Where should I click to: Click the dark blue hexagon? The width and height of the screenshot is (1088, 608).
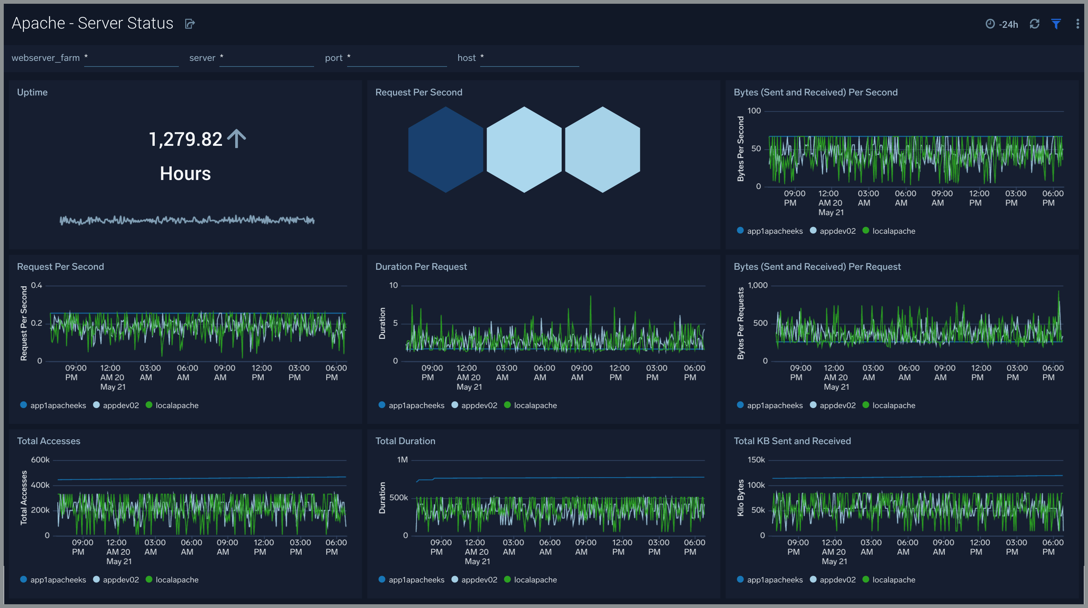[x=445, y=149]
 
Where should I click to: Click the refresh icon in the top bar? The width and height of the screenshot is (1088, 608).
[x=1034, y=24]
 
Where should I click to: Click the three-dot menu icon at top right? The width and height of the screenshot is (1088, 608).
[x=1077, y=24]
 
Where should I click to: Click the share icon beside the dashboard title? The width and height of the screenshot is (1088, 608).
[x=190, y=24]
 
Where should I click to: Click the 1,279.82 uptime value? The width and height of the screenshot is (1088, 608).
[x=186, y=139]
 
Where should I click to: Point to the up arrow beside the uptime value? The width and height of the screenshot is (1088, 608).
[x=237, y=138]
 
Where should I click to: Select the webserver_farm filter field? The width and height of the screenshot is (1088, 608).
[x=131, y=58]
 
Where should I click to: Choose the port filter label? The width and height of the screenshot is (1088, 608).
[x=333, y=58]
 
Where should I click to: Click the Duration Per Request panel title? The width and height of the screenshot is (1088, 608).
[x=421, y=266]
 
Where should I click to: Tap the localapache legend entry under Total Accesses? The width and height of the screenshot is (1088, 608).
[x=177, y=580]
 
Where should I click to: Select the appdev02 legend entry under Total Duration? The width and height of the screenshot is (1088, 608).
[x=479, y=580]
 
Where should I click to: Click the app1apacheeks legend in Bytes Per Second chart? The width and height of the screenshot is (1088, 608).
[x=774, y=231]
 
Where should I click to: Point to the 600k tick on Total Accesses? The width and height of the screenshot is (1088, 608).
[x=40, y=460]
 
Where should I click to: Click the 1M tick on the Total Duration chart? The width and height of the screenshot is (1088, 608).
[x=402, y=460]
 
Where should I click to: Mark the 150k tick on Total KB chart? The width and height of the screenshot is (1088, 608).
[x=756, y=460]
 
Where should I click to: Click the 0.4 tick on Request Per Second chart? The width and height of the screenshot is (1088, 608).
[x=36, y=285]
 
